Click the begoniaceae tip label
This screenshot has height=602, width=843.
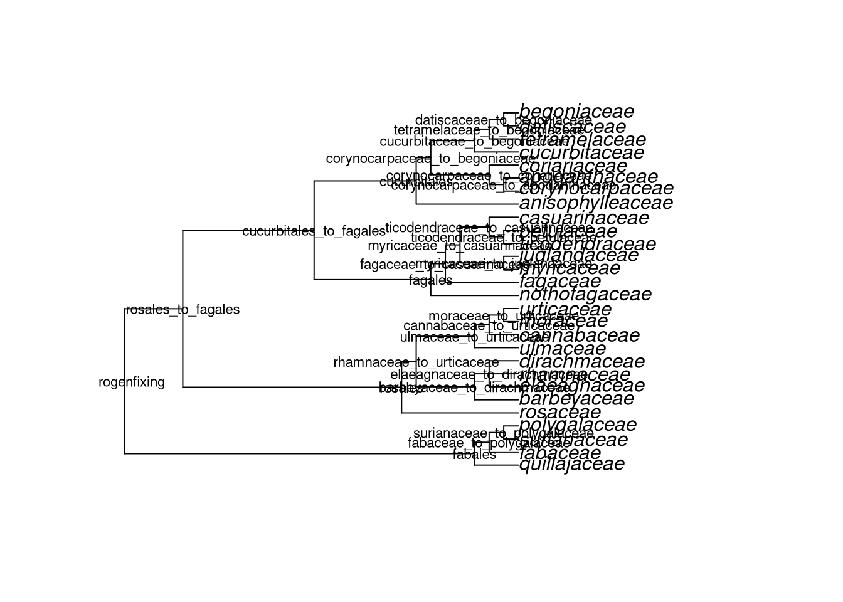(576, 112)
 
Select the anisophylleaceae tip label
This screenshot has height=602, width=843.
(596, 203)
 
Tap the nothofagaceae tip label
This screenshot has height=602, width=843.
(585, 294)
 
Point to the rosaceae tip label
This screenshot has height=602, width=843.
(560, 413)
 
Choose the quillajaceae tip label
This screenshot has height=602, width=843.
(572, 464)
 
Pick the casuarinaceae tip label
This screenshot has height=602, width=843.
(584, 218)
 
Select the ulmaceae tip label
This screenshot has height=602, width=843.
(563, 349)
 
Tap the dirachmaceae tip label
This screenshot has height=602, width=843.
(581, 362)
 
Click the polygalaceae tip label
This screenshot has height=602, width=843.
(578, 425)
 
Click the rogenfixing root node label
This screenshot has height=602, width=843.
(132, 383)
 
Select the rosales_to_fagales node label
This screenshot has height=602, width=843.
(183, 310)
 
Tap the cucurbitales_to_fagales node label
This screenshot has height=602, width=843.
(314, 231)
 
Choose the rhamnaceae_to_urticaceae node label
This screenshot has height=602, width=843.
(416, 363)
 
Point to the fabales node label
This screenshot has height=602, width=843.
(474, 455)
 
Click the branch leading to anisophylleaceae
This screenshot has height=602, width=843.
(467, 204)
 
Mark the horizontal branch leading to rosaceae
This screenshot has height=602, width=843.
(460, 413)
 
